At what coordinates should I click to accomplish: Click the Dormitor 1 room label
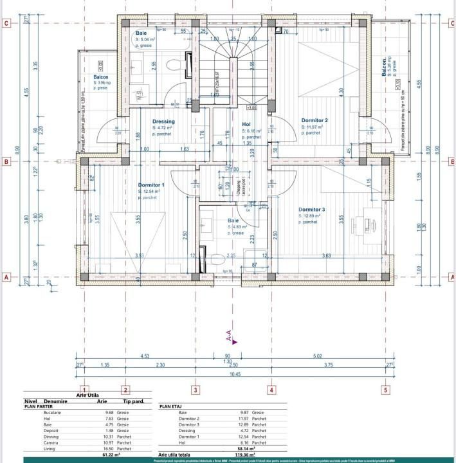coord(151,185)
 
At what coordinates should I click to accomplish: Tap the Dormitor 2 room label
coord(315,121)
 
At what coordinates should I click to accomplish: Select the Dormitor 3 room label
coord(311,210)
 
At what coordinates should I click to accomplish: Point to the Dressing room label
coord(163,122)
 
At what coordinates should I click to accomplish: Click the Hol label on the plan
coord(246,124)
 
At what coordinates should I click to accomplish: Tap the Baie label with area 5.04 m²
coord(140,33)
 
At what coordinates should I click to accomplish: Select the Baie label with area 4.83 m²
coord(233,221)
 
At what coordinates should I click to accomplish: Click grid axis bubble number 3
coord(196,389)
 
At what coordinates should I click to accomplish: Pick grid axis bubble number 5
coord(385,389)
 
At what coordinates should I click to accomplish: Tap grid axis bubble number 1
coord(77,389)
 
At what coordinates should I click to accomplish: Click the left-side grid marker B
coord(6,162)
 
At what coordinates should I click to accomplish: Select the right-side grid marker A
coord(451,278)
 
